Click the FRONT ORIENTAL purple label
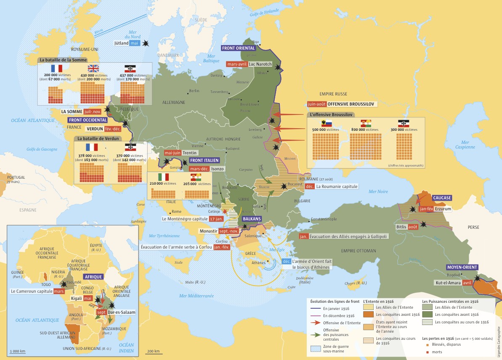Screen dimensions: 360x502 tap(239, 48)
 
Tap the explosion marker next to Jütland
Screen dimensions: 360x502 tap(146, 43)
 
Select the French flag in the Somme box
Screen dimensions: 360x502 tap(56, 68)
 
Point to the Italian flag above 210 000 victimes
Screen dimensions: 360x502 tap(163, 177)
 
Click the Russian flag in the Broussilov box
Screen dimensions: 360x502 tap(327, 123)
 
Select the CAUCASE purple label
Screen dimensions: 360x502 tap(442, 198)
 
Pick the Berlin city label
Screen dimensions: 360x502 tap(194, 91)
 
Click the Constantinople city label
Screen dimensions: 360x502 tap(323, 220)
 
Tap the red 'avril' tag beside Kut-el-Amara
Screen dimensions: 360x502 tap(467, 283)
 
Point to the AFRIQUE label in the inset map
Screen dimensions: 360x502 tap(93, 277)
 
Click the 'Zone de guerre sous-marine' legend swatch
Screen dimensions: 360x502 tap(315, 349)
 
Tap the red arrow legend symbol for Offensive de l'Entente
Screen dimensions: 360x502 tap(315, 323)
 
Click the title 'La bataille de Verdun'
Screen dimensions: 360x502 tap(98, 138)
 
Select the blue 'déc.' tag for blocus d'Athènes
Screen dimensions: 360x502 tap(287, 261)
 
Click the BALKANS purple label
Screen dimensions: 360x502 tap(252, 219)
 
